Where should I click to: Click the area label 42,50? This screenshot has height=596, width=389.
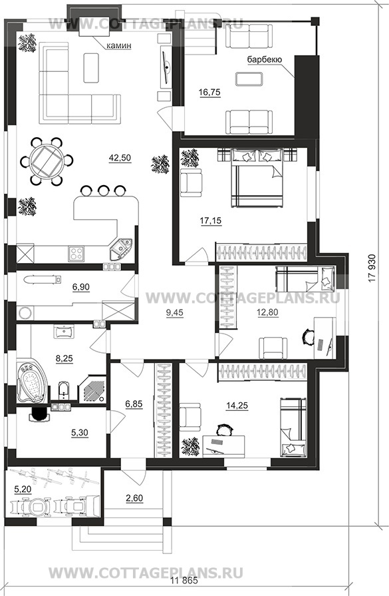tap(120, 158)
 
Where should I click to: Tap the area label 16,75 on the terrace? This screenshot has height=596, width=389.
tap(209, 92)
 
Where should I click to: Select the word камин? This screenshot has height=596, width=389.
tap(118, 45)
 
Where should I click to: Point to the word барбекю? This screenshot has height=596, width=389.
tap(264, 59)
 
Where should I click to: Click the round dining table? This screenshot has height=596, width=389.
tap(46, 162)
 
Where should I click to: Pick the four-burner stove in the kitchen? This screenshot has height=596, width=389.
tap(76, 253)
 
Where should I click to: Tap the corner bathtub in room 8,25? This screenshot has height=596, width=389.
tap(32, 382)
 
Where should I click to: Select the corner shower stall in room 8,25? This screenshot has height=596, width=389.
tap(92, 389)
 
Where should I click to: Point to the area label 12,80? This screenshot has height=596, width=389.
tap(267, 312)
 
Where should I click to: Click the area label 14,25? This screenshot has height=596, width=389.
tap(237, 406)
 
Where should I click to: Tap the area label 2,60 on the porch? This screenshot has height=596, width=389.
tap(134, 498)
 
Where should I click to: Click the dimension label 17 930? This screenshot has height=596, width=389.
tap(372, 268)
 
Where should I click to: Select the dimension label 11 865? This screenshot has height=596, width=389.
tap(185, 581)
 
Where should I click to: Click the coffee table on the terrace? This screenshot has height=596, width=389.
tap(249, 79)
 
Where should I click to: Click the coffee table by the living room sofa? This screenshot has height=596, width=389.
tap(90, 67)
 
